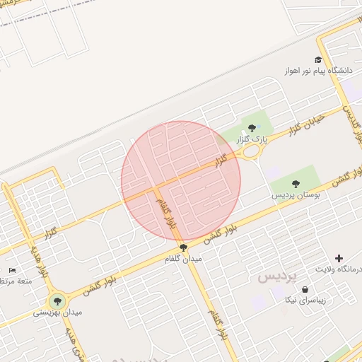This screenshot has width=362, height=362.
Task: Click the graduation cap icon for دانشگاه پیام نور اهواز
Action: [319, 60]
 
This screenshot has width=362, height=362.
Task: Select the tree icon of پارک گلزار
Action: [252, 128]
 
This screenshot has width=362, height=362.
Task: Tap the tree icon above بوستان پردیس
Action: [296, 184]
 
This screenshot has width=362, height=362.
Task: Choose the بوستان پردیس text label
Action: [296, 196]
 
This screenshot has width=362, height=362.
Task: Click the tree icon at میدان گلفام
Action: [184, 247]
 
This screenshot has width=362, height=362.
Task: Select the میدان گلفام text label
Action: [184, 259]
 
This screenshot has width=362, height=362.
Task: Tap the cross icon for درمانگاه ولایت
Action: [339, 259]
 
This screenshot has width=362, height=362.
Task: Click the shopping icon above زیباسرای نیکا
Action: [305, 289]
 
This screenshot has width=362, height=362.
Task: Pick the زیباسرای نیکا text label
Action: [305, 301]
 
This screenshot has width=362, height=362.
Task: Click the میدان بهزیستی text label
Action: [58, 312]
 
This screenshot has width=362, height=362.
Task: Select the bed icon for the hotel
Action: [12, 270]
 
